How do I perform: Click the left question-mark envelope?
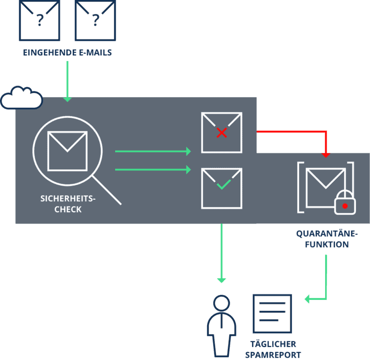(39, 20)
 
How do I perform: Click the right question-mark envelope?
(95, 20)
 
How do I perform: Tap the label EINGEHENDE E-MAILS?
(67, 52)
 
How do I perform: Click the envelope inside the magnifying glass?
(67, 151)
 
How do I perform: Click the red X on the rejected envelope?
(222, 133)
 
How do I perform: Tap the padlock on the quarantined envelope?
(345, 203)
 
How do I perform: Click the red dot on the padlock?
(345, 206)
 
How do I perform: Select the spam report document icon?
(273, 313)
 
